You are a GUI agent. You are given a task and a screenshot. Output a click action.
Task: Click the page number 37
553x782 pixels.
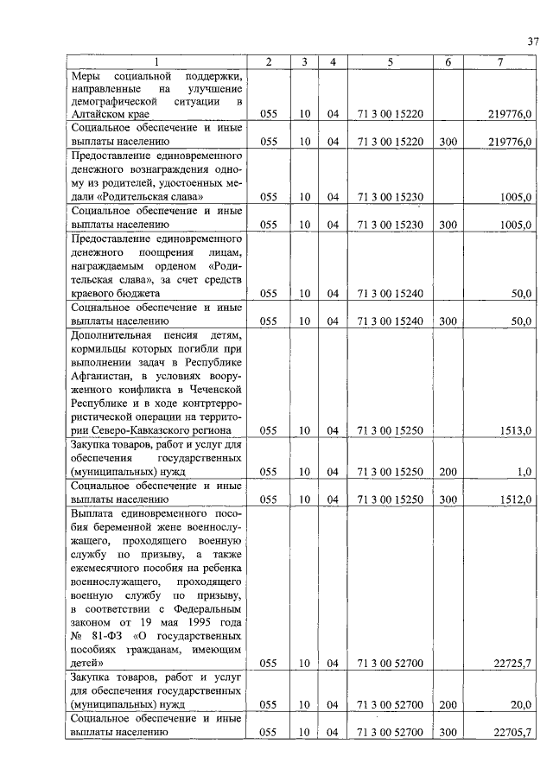point(533,41)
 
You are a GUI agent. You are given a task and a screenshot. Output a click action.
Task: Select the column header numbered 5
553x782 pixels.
point(390,62)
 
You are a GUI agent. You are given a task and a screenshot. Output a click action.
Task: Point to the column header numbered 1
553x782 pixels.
point(156,62)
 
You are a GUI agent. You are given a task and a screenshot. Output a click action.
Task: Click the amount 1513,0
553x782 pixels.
point(517,429)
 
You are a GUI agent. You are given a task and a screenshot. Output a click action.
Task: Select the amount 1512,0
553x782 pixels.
point(517,499)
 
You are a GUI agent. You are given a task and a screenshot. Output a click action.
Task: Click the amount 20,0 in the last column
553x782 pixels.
point(520,704)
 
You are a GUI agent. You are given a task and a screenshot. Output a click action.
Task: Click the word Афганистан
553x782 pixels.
point(107,375)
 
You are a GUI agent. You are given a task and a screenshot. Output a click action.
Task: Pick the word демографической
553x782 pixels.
point(120,100)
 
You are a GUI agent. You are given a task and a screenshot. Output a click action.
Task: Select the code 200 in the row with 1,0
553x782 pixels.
point(448,471)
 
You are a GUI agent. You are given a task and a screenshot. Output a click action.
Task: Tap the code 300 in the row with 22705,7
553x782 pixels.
point(448,732)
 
